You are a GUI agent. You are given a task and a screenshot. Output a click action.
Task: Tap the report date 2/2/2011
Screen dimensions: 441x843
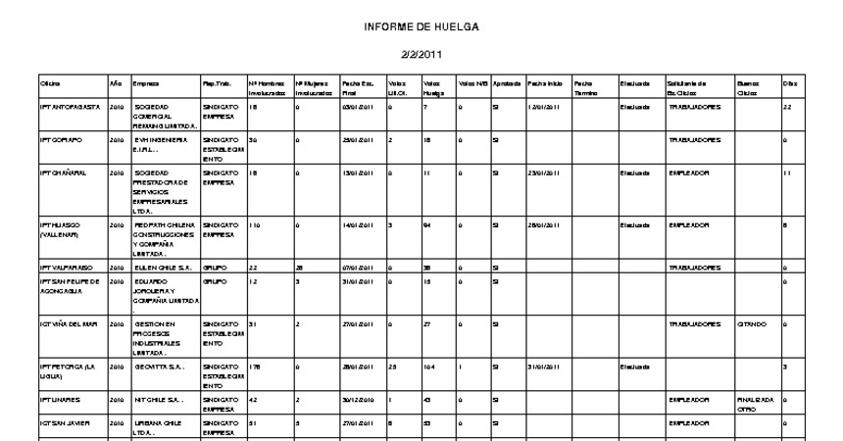tap(421, 56)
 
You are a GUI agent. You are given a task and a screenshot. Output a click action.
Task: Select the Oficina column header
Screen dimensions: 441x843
tap(50, 84)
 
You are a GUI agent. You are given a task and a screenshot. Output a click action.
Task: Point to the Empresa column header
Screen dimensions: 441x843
tap(146, 84)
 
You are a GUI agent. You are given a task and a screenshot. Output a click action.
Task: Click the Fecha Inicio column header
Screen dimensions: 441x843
tap(546, 84)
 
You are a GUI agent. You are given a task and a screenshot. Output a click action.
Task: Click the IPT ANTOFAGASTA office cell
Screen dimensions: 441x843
tap(70, 106)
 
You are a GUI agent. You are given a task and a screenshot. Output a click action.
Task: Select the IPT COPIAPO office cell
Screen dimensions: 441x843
tap(62, 140)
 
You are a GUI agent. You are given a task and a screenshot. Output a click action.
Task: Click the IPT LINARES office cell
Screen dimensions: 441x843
tap(60, 400)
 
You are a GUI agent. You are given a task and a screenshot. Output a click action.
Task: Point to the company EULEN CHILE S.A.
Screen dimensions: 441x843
tap(161, 267)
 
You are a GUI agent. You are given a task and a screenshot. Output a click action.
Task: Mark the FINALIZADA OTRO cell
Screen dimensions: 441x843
tap(756, 404)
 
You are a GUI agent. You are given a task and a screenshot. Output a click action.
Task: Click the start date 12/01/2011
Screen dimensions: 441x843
tap(544, 106)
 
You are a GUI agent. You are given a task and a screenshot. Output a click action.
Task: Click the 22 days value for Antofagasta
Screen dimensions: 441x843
tap(787, 106)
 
